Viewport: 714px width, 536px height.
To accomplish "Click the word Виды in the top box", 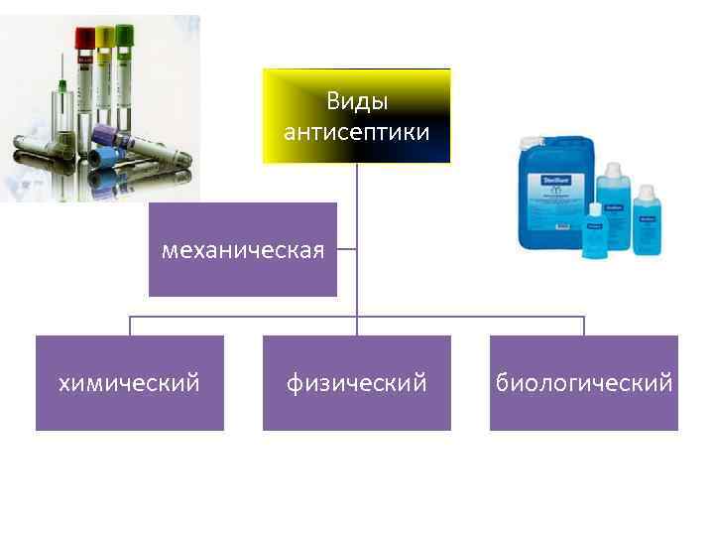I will point(356,102).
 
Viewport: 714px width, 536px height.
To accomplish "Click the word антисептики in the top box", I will point(356,132).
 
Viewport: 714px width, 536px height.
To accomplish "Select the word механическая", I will point(243,249).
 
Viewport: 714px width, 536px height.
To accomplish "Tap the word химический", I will point(129,382).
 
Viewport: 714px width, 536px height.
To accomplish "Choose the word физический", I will point(356,382).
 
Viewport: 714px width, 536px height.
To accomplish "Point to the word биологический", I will point(584,382).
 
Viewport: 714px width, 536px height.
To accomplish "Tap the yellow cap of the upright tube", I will point(104,38).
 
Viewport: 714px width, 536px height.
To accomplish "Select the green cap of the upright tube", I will point(125,36).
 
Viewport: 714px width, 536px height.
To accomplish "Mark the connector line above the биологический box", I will point(584,326).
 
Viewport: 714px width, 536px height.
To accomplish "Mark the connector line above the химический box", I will point(129,326).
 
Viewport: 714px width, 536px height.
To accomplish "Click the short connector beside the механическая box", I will point(347,249).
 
